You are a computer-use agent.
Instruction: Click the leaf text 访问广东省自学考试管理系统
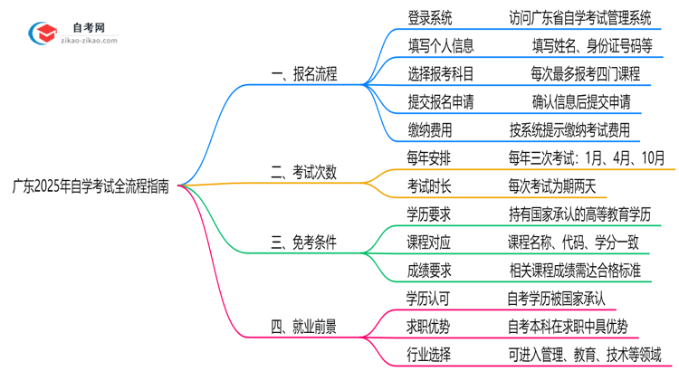click(x=580, y=17)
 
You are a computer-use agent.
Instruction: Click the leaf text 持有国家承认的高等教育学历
click(x=580, y=214)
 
